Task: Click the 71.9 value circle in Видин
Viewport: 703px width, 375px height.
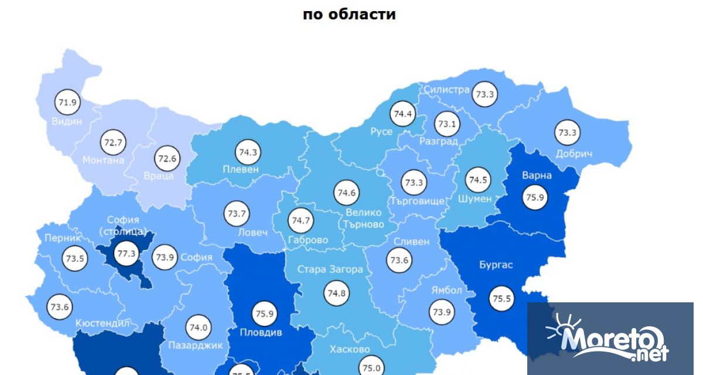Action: (67, 103)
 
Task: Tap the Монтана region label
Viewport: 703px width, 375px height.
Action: (103, 159)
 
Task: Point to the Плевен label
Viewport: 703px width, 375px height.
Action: (240, 169)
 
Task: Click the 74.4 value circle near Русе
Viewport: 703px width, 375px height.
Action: (403, 114)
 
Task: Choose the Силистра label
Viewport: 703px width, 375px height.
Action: (447, 90)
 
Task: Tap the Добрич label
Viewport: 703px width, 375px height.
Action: (574, 154)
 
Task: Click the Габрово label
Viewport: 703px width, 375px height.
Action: (308, 240)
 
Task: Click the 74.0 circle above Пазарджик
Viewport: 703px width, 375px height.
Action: (199, 328)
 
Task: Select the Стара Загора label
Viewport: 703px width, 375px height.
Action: (330, 270)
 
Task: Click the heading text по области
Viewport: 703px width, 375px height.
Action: (349, 14)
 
